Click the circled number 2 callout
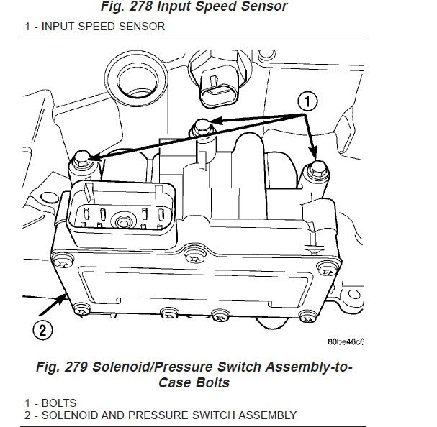tap(42, 331)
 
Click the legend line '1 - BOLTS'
tap(40, 403)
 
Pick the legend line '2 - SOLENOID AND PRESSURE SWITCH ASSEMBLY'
tap(149, 415)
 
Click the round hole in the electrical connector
tap(124, 221)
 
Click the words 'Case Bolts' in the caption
tap(194, 382)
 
